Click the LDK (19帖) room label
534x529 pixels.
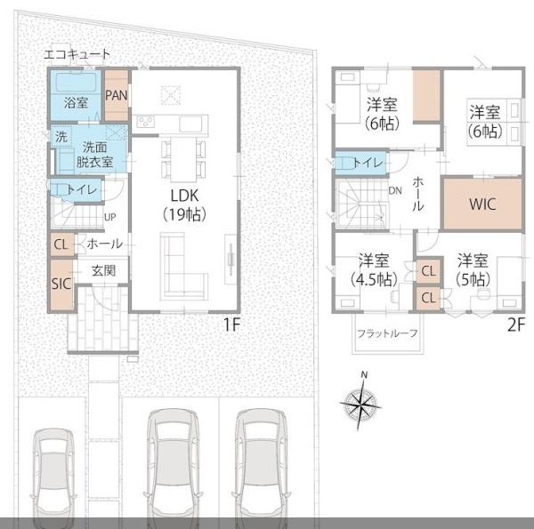pyautogui.click(x=184, y=204)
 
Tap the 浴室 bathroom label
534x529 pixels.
pyautogui.click(x=76, y=102)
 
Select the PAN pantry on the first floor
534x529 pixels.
pyautogui.click(x=117, y=95)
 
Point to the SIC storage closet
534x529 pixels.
pyautogui.click(x=61, y=285)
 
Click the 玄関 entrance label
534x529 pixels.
pyautogui.click(x=103, y=271)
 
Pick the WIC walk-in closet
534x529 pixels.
pyautogui.click(x=482, y=204)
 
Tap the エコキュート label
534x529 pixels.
pyautogui.click(x=77, y=54)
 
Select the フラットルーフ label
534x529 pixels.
pyautogui.click(x=387, y=333)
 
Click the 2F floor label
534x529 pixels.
pyautogui.click(x=516, y=325)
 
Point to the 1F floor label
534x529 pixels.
pyautogui.click(x=232, y=325)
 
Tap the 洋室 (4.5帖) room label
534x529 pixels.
pyautogui.click(x=374, y=269)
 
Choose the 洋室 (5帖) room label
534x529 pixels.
pyautogui.click(x=473, y=269)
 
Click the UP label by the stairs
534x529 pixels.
pyautogui.click(x=110, y=217)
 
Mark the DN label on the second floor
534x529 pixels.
pyautogui.click(x=395, y=191)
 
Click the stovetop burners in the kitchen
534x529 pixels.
pyautogui.click(x=146, y=122)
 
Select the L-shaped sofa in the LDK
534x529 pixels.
pyautogui.click(x=184, y=266)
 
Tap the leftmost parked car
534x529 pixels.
pyautogui.click(x=53, y=477)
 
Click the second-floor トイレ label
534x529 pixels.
pyautogui.click(x=368, y=163)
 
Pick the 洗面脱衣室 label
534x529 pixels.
pyautogui.click(x=94, y=155)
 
